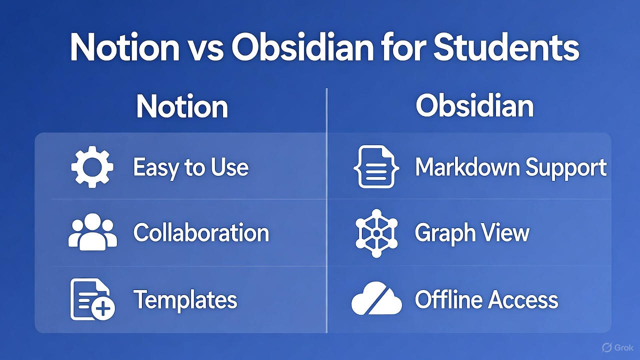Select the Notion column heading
182,106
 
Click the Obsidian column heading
474,106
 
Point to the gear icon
92,167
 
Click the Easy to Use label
190,167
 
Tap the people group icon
92,232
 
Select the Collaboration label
201,233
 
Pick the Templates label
185,299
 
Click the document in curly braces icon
376,167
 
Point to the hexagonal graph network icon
376,232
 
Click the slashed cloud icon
376,300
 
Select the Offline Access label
486,300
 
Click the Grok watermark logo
617,347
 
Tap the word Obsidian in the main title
301,48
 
